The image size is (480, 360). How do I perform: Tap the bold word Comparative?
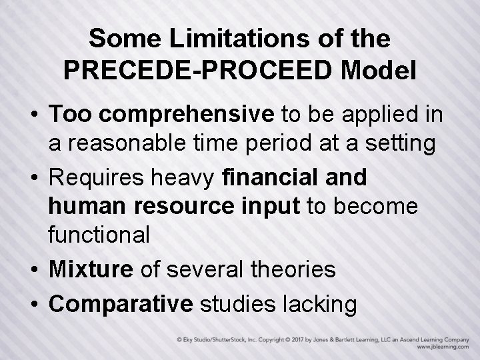point(121,303)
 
